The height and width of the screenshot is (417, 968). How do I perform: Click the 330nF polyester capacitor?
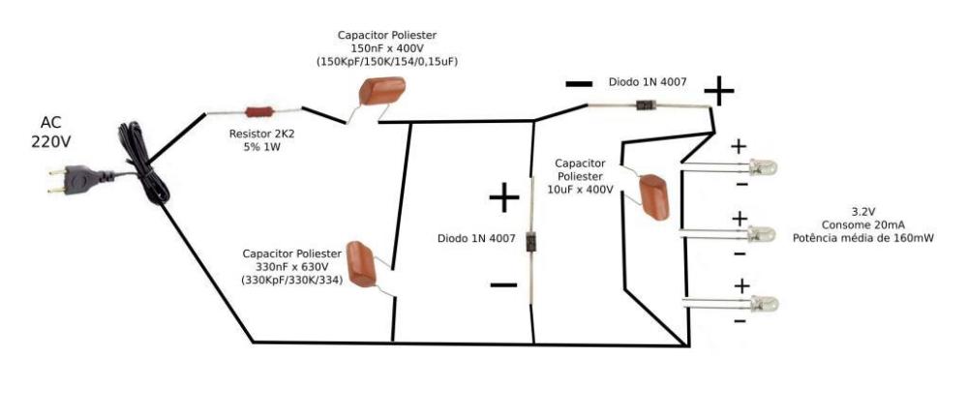pyautogui.click(x=367, y=262)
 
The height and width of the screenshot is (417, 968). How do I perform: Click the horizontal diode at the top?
pyautogui.click(x=643, y=104)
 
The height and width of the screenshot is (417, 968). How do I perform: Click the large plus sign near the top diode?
pyautogui.click(x=719, y=91)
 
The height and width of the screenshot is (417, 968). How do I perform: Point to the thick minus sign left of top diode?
pyautogui.click(x=578, y=85)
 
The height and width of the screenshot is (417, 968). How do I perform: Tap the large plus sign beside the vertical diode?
pyautogui.click(x=504, y=199)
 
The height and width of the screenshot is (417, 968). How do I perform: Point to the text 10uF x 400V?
pyautogui.click(x=581, y=190)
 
